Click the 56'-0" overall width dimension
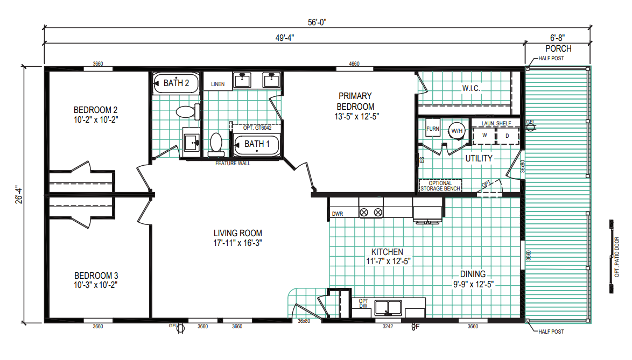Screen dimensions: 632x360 click(317, 23)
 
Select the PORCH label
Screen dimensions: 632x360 click(558, 49)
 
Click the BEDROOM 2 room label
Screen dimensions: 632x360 click(95, 110)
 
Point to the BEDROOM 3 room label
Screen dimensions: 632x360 click(96, 276)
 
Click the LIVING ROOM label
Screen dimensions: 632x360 click(237, 233)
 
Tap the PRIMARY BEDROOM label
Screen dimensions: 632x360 click(355, 102)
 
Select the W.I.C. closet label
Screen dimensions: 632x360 click(471, 88)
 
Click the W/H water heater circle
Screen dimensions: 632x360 click(457, 130)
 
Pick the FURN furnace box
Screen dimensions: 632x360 click(432, 129)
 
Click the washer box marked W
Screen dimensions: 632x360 click(484, 136)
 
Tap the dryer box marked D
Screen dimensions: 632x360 click(508, 136)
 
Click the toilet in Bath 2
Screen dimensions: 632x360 click(188, 111)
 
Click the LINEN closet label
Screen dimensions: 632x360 click(217, 84)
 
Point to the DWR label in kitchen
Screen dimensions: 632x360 click(338, 214)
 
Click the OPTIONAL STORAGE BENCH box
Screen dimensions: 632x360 click(440, 186)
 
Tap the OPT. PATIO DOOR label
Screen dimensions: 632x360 click(617, 257)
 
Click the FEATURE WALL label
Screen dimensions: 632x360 click(233, 164)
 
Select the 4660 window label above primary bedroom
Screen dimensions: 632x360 click(354, 63)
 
